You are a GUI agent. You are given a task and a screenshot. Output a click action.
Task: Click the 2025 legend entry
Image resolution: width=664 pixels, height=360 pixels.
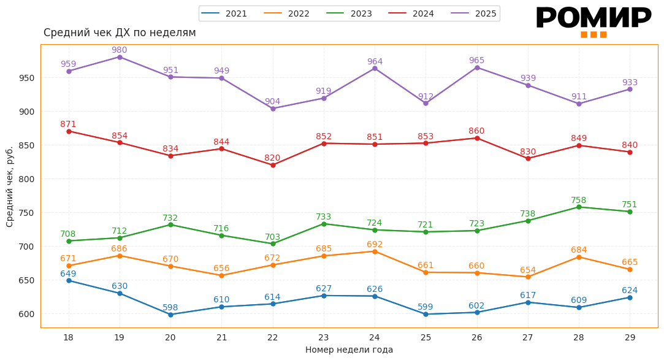pos(474,13)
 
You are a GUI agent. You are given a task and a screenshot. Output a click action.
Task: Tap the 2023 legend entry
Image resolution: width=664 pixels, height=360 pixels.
pos(349,13)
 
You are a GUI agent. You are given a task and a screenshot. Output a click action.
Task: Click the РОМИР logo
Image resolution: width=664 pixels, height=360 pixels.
pos(593,21)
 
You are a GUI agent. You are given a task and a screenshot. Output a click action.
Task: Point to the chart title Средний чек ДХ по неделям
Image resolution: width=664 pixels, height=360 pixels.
pos(120,33)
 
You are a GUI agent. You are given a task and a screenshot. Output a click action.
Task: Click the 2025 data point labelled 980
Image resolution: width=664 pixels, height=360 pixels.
pos(120,57)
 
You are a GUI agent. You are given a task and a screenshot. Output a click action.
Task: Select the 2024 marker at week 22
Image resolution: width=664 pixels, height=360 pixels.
pos(273,165)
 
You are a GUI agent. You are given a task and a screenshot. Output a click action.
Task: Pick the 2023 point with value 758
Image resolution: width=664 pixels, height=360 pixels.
pos(579,207)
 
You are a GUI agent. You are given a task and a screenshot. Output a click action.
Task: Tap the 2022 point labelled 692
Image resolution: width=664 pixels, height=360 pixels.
pos(375,251)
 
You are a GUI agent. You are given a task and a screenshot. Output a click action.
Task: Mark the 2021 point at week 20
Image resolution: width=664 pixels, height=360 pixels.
pos(170,315)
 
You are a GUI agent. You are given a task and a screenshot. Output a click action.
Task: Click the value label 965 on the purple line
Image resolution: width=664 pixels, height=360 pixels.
pos(476,60)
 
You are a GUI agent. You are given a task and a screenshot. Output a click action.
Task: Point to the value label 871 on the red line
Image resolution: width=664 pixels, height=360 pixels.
pos(68,124)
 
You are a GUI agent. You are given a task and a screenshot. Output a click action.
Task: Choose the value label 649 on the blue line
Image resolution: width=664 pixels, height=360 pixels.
pos(68,274)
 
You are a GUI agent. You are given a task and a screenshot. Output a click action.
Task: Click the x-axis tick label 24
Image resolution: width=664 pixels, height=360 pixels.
pos(375,337)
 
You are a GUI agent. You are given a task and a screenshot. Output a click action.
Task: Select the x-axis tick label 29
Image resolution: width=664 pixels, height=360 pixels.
pos(630,337)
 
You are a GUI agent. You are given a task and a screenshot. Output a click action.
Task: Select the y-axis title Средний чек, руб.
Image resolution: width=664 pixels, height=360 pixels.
pos(10,186)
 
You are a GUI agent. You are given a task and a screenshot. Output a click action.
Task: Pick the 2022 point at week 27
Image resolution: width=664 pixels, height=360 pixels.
pos(528,277)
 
